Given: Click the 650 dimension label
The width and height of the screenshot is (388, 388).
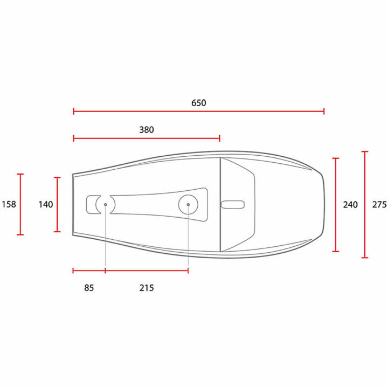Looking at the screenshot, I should click(198, 102).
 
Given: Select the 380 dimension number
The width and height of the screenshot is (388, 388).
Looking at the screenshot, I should click(147, 130).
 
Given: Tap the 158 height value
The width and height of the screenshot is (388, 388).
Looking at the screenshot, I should click(9, 204).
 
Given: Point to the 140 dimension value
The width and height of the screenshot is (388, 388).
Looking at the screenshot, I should click(46, 204).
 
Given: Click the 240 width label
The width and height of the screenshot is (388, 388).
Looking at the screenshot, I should click(350, 205).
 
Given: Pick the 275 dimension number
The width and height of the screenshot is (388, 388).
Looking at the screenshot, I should click(379, 205).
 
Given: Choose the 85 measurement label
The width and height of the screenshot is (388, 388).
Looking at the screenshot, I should click(89, 288).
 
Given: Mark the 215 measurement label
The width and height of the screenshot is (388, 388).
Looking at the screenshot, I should click(147, 288).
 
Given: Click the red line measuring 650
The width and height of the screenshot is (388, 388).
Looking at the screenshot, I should click(198, 112).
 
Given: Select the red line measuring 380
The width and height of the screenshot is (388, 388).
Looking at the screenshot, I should click(147, 138).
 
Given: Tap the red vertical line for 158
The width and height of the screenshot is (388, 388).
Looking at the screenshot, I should click(21, 204).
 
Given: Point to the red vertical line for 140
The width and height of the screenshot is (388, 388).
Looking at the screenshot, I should click(58, 204).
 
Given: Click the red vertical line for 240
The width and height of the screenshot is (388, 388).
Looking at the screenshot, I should click(336, 205).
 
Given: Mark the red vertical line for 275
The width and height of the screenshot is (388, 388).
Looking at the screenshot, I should click(365, 205).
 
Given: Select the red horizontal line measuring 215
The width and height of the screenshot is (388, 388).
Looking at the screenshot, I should click(147, 271).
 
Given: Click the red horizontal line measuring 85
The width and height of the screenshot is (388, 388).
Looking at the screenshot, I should click(89, 271).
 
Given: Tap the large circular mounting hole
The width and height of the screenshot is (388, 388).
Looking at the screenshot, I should click(188, 205).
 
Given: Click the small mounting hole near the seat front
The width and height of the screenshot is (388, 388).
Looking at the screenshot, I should click(105, 205).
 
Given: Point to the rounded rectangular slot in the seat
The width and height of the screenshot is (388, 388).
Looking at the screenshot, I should click(232, 204).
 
